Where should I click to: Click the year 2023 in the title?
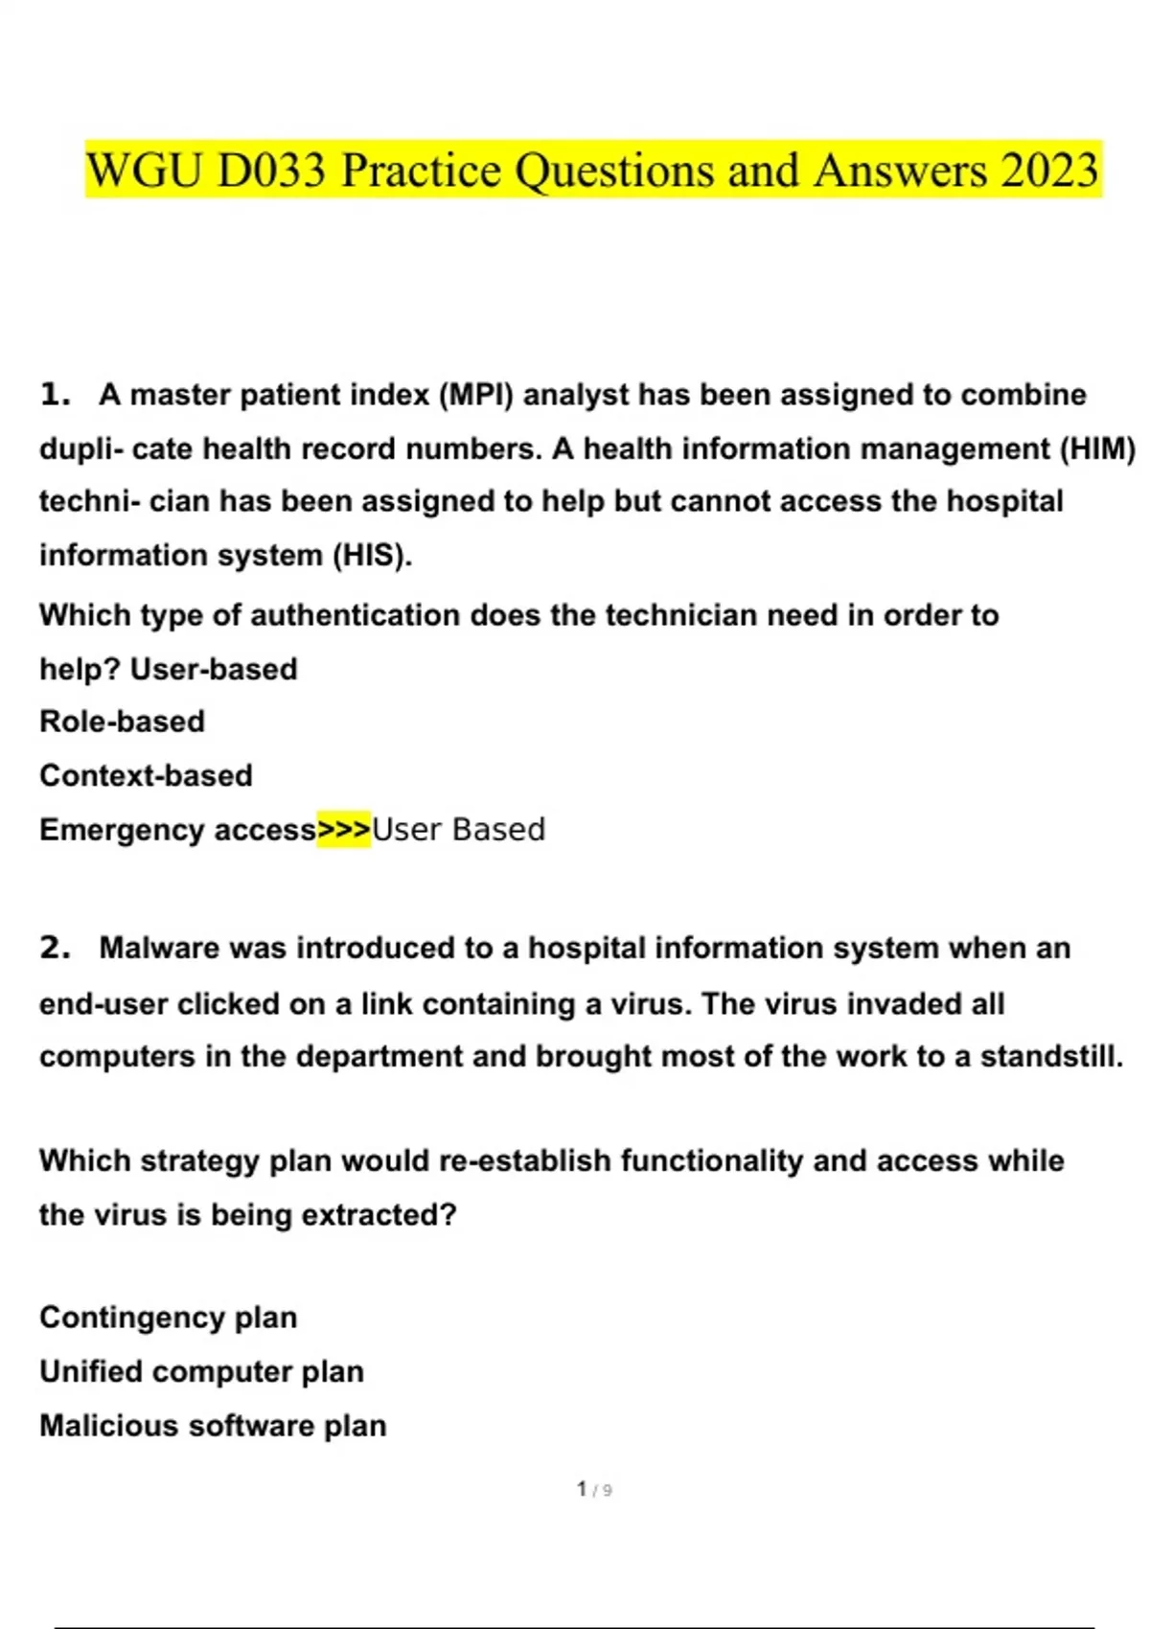coord(1049,171)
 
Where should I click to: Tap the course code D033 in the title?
coord(271,171)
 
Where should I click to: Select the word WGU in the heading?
coord(144,171)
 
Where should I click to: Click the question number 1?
coord(55,395)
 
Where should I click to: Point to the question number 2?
coord(55,948)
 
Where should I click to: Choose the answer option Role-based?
coord(122,722)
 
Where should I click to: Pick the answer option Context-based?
coord(146,775)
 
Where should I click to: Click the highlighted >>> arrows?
coord(343,830)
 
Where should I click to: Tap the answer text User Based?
coord(458,830)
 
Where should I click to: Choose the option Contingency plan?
coord(168,1318)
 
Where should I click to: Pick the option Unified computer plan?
coord(201,1371)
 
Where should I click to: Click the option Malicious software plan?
coord(213,1426)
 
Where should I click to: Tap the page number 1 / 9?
coord(594,1489)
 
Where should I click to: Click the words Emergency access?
coord(177,830)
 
